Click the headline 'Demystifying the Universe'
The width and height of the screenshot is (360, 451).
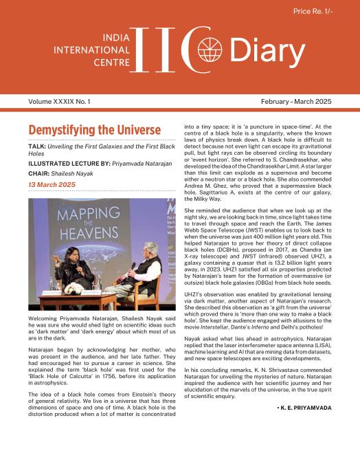pyautogui.click(x=94, y=131)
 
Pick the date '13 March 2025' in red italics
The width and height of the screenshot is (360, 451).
pyautogui.click(x=53, y=186)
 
